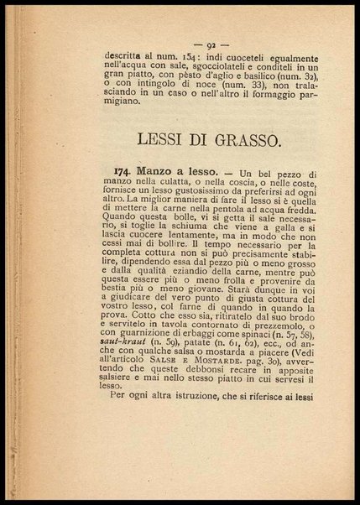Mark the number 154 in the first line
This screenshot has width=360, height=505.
[186, 55]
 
